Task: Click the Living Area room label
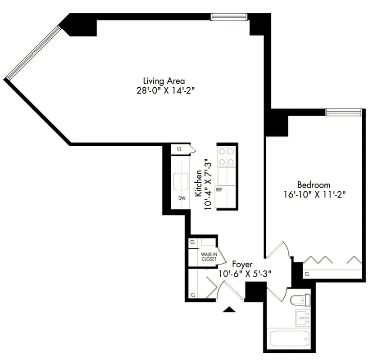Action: click(164, 81)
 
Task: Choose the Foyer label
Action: click(242, 264)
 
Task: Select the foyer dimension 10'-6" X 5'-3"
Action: click(245, 273)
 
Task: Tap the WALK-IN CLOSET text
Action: click(208, 257)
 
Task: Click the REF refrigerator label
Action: click(219, 189)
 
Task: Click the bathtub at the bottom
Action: click(288, 337)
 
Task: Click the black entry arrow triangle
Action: click(229, 309)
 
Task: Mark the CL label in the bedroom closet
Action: click(307, 274)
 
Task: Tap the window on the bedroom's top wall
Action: click(344, 112)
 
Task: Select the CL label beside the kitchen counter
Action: click(179, 148)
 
